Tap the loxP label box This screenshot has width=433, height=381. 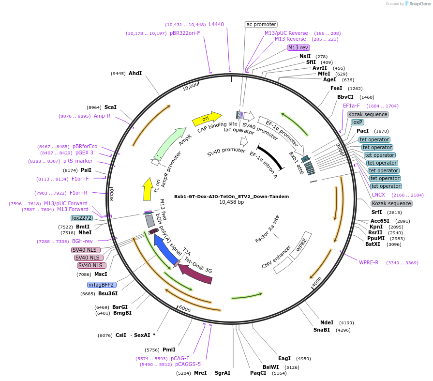pos(358,122)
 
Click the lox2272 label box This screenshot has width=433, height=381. pos(82,218)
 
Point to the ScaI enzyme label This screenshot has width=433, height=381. pos(110,107)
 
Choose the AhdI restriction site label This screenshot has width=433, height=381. pos(135,73)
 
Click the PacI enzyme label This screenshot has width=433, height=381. pos(363,131)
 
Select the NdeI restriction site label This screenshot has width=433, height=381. pos(327,322)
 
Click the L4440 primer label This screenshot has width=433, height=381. pos(216,24)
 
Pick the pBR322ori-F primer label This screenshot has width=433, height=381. pos(185,33)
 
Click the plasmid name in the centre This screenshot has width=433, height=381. pos(231,197)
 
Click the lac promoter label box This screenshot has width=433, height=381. pos(261,24)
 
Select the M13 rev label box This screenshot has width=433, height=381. pos(298,47)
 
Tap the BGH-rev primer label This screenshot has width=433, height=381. pos(82,241)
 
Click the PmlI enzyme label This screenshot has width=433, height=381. pos(169,350)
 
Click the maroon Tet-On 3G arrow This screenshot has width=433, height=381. pos(196,274)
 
